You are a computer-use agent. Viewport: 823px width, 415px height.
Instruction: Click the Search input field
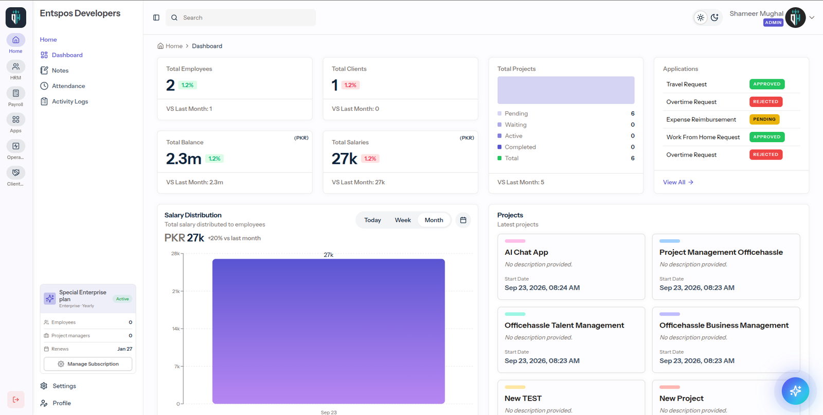[241, 18]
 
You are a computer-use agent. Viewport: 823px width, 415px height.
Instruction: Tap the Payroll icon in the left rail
[16, 93]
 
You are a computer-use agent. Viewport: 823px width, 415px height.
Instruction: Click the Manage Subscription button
[88, 364]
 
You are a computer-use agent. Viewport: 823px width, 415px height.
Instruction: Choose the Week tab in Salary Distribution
[403, 220]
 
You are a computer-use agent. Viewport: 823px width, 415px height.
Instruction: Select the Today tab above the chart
[372, 220]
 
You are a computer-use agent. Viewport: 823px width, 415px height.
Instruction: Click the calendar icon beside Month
[463, 220]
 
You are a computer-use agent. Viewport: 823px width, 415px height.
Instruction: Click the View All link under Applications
[678, 182]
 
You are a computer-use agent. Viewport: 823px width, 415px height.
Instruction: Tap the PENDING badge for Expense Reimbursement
[764, 119]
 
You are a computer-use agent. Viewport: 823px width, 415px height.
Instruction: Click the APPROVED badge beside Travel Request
[767, 84]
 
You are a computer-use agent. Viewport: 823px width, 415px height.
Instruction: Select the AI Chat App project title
[526, 252]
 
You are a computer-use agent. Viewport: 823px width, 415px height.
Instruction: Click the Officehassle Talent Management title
[564, 325]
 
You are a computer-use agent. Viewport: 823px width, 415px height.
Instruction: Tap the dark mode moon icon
[714, 18]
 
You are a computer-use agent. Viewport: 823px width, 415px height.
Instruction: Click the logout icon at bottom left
[16, 400]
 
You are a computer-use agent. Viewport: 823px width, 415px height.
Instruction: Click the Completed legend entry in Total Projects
[516, 147]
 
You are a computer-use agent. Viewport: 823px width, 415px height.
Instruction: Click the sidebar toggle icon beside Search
[156, 18]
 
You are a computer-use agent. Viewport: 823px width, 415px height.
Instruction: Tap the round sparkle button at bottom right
[795, 391]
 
